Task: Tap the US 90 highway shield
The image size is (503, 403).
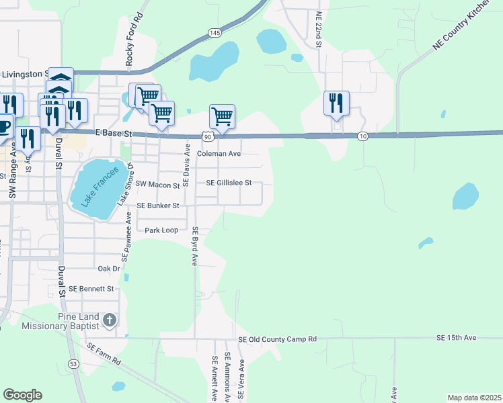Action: tap(208, 136)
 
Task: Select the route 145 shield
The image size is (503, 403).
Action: tap(215, 32)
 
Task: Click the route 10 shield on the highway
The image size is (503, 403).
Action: tap(362, 136)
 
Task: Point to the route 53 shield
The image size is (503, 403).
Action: tap(72, 363)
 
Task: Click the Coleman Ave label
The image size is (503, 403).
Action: tap(219, 154)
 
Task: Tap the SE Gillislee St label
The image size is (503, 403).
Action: tap(229, 183)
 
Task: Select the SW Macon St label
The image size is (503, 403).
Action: tap(158, 183)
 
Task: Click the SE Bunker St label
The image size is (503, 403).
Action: tap(158, 206)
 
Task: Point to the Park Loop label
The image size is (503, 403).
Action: tap(161, 230)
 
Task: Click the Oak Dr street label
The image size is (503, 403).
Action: tap(108, 268)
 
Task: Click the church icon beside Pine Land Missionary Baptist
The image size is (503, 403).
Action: tap(110, 320)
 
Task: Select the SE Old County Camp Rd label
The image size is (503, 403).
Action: tap(277, 339)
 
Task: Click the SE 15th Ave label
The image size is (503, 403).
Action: tap(456, 337)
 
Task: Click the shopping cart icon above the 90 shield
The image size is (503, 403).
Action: tap(222, 116)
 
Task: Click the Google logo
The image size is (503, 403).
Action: tap(22, 395)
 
